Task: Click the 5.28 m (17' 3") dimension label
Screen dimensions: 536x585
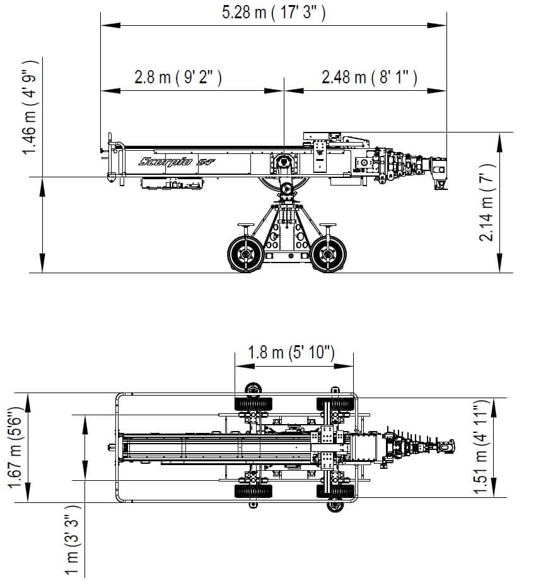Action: pos(274,12)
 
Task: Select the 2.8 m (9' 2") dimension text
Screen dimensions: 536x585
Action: pos(178,77)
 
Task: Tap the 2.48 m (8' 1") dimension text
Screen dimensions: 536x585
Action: pos(370,77)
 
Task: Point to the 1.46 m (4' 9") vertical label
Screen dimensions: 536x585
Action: pos(30,107)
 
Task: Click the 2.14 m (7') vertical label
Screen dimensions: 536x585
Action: pos(487,203)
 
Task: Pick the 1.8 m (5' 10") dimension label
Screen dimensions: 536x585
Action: pos(291,352)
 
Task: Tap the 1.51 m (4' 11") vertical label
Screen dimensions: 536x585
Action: pos(481,447)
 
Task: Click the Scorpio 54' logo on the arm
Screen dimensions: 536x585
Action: pos(177,161)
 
